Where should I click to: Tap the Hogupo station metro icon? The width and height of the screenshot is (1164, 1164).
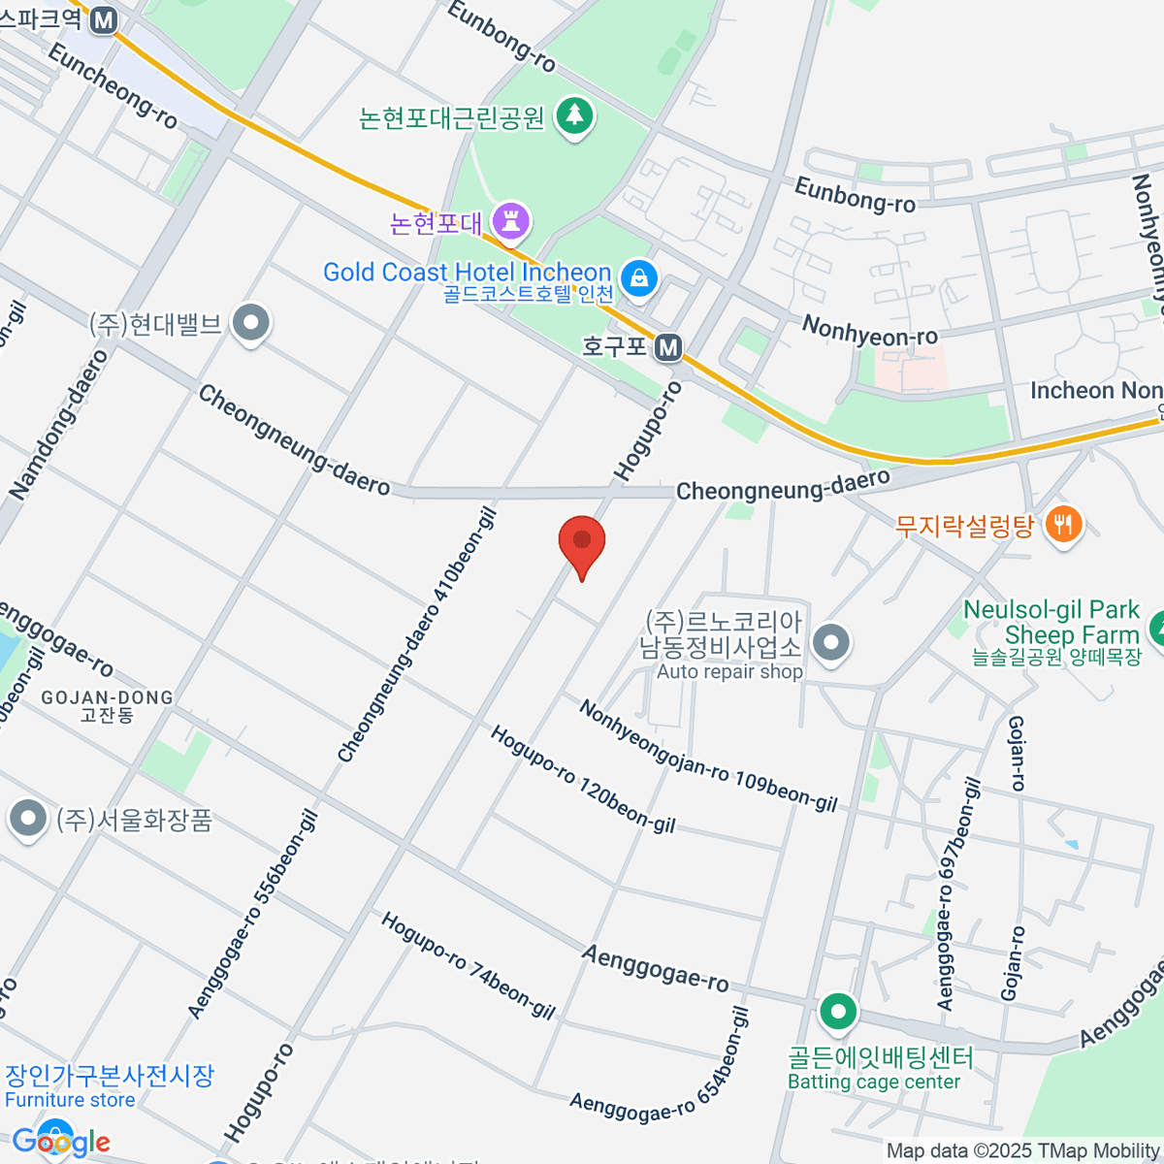click(667, 347)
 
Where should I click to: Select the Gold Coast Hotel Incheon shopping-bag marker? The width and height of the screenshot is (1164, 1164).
click(639, 278)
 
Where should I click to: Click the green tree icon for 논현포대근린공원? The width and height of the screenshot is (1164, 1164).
click(575, 116)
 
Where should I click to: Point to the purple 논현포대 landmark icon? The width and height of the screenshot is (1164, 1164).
click(510, 222)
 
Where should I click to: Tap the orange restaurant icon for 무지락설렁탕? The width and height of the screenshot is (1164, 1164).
click(1064, 526)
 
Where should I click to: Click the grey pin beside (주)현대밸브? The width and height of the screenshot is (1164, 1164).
click(252, 323)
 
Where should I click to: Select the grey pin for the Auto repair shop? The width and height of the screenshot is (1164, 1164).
click(831, 643)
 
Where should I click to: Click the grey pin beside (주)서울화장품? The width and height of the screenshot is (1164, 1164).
click(28, 819)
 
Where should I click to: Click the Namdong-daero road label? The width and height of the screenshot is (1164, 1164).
click(59, 425)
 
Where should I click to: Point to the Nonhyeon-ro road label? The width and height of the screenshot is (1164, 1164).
click(869, 331)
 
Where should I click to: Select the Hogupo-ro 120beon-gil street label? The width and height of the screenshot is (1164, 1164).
click(582, 779)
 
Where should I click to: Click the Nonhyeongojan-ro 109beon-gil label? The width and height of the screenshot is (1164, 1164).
click(707, 756)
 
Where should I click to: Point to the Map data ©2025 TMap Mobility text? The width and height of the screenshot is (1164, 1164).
click(1023, 1151)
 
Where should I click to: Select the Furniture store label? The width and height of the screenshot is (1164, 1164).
click(70, 1100)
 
